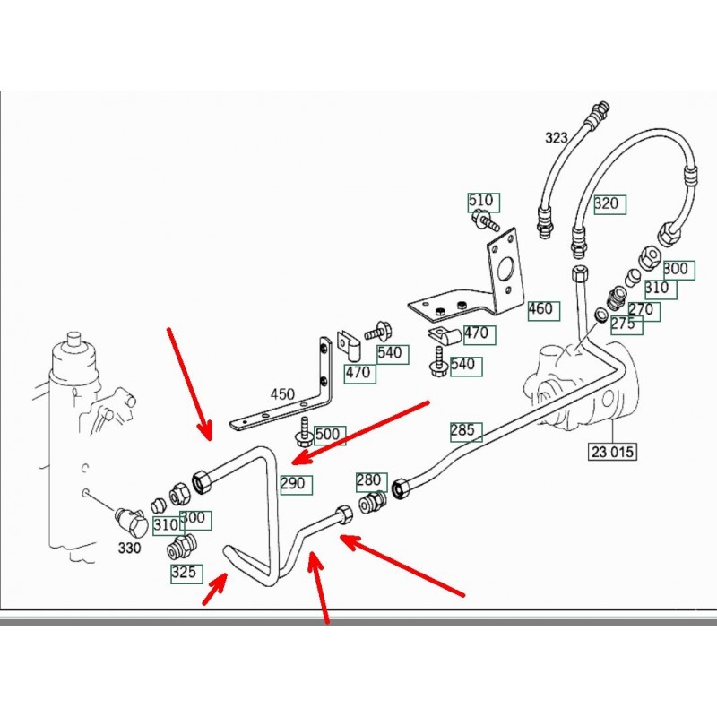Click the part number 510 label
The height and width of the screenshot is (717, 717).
pos(481,200)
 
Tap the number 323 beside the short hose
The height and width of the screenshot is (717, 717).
pos(557,138)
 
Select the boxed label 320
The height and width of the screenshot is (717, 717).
pos(607,203)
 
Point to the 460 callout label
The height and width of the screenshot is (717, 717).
pos(541,310)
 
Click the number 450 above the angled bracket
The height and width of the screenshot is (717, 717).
pos(282,393)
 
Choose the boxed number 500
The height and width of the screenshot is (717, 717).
pos(328,435)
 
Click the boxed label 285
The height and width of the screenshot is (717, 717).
pos(462,430)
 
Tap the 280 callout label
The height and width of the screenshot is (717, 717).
pos(369,481)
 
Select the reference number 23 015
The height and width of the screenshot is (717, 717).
pos(612,451)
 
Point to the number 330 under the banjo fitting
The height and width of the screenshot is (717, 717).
pos(129,547)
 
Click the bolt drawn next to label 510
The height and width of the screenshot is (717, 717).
pos(487,220)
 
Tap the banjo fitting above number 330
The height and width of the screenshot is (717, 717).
pos(131,521)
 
